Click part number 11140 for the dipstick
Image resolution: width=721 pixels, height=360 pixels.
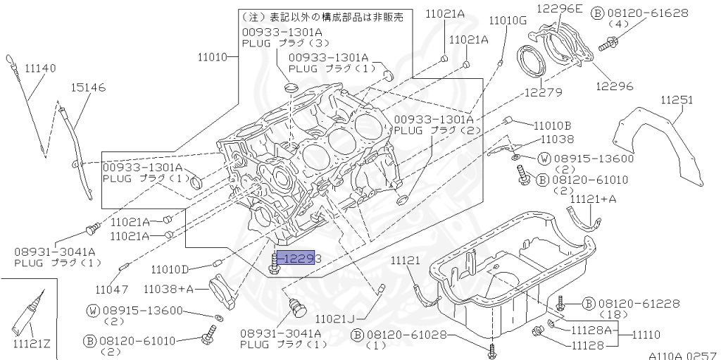pyautogui.click(x=40, y=68)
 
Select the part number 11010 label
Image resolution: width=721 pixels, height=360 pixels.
pyautogui.click(x=213, y=56)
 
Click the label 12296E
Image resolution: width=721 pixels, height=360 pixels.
pyautogui.click(x=560, y=8)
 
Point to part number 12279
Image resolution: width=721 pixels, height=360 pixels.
pyautogui.click(x=541, y=92)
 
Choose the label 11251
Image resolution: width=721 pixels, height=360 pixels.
pyautogui.click(x=677, y=101)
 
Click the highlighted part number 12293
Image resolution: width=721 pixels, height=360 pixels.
pyautogui.click(x=299, y=259)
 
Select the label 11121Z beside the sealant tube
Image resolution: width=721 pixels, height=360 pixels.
pyautogui.click(x=32, y=344)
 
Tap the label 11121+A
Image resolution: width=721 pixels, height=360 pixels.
pyautogui.click(x=593, y=199)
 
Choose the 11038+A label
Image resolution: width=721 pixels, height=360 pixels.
pyautogui.click(x=168, y=288)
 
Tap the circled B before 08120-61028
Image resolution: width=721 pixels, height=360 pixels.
pyautogui.click(x=357, y=334)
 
